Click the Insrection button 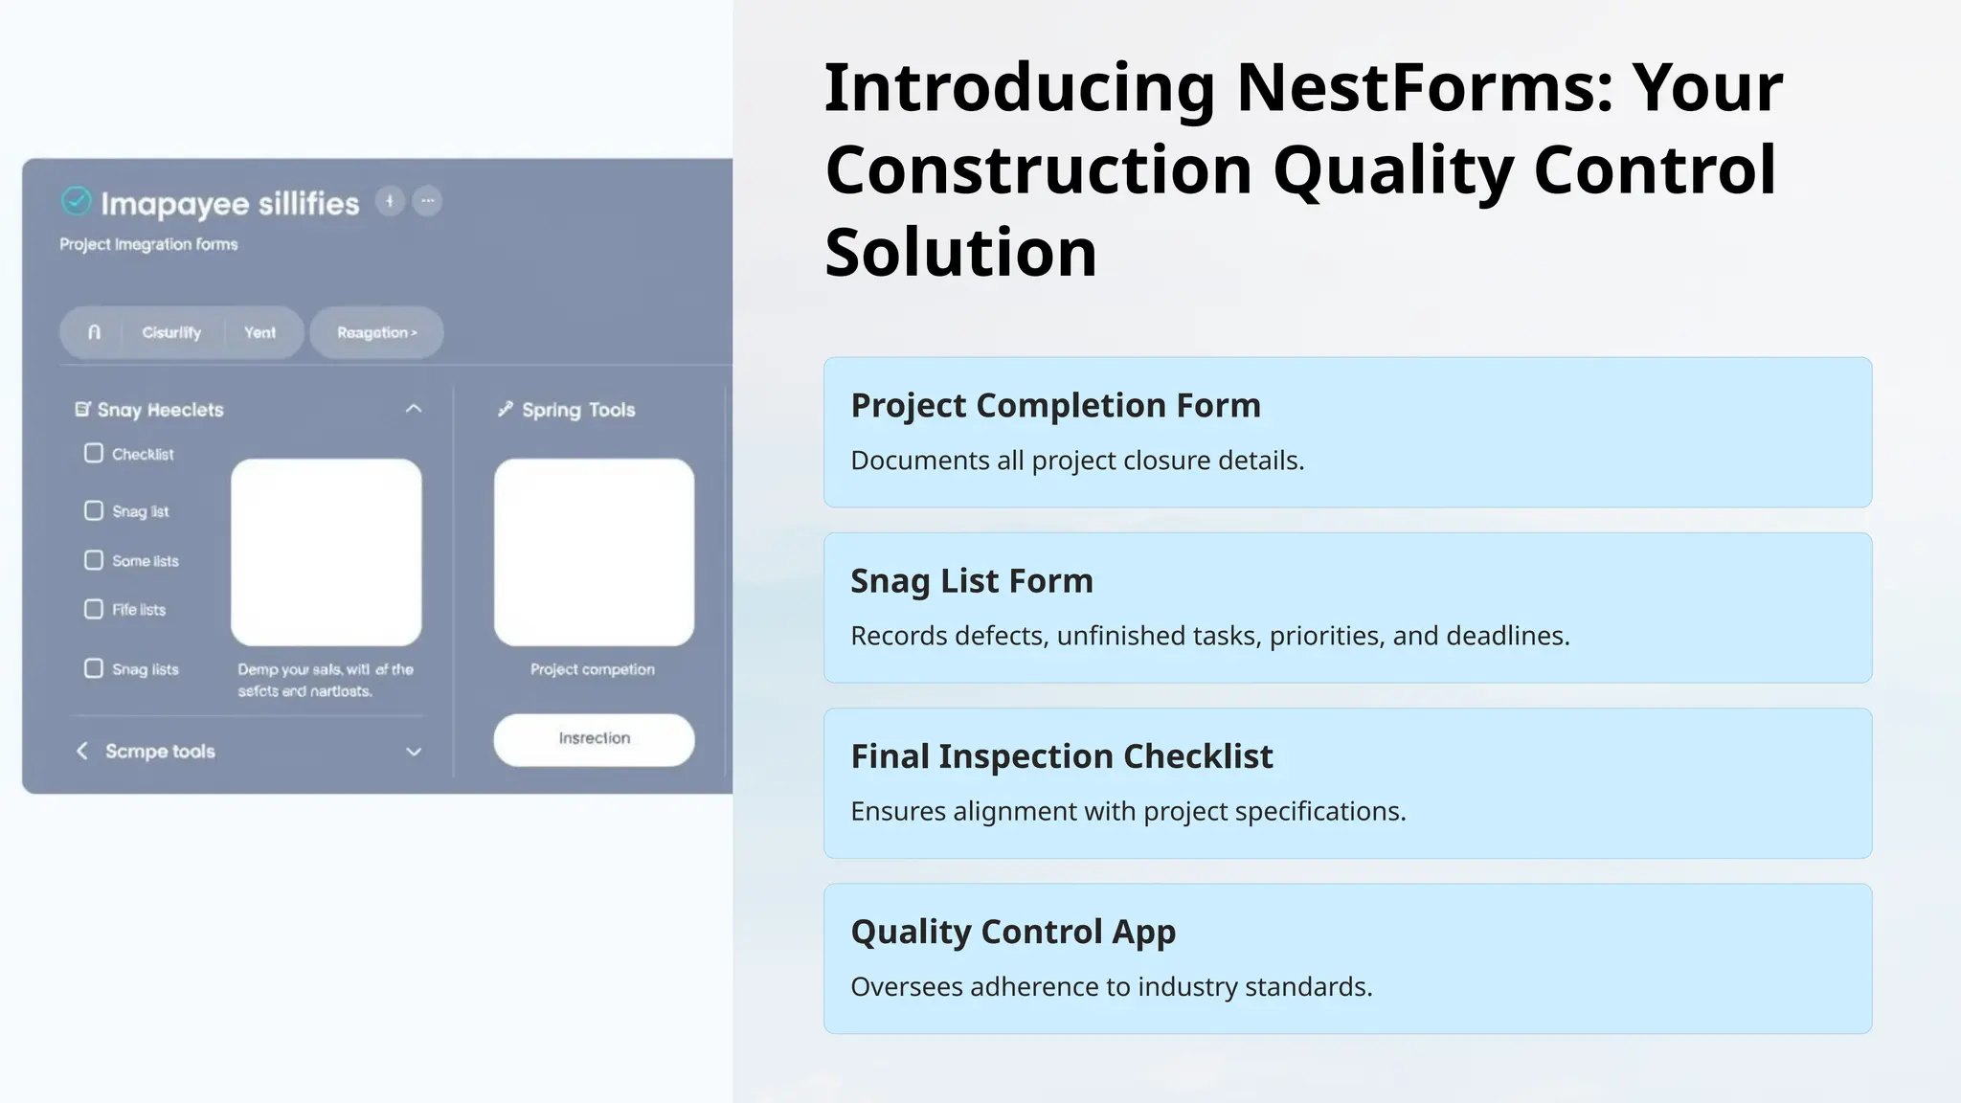[x=594, y=738]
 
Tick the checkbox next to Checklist [x=94, y=453]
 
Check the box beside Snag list [x=94, y=510]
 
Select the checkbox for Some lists [x=94, y=560]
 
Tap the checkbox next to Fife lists [x=94, y=609]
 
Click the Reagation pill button [x=376, y=332]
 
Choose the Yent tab [x=259, y=332]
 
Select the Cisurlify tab [x=171, y=332]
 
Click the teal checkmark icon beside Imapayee [x=76, y=201]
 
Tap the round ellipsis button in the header [x=427, y=201]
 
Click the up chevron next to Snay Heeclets [x=414, y=409]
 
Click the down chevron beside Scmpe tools [x=414, y=752]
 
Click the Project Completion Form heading [x=1055, y=405]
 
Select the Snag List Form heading [x=971, y=580]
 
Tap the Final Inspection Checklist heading [x=1061, y=755]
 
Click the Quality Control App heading [x=1012, y=931]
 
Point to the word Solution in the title [x=960, y=253]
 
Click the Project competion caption [x=593, y=669]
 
